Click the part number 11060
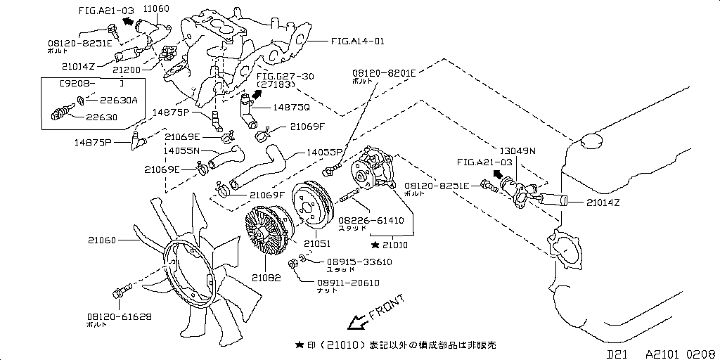point(156,8)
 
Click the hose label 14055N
point(182,150)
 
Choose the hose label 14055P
point(324,152)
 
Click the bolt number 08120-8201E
point(384,72)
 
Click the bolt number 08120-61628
point(120,317)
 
